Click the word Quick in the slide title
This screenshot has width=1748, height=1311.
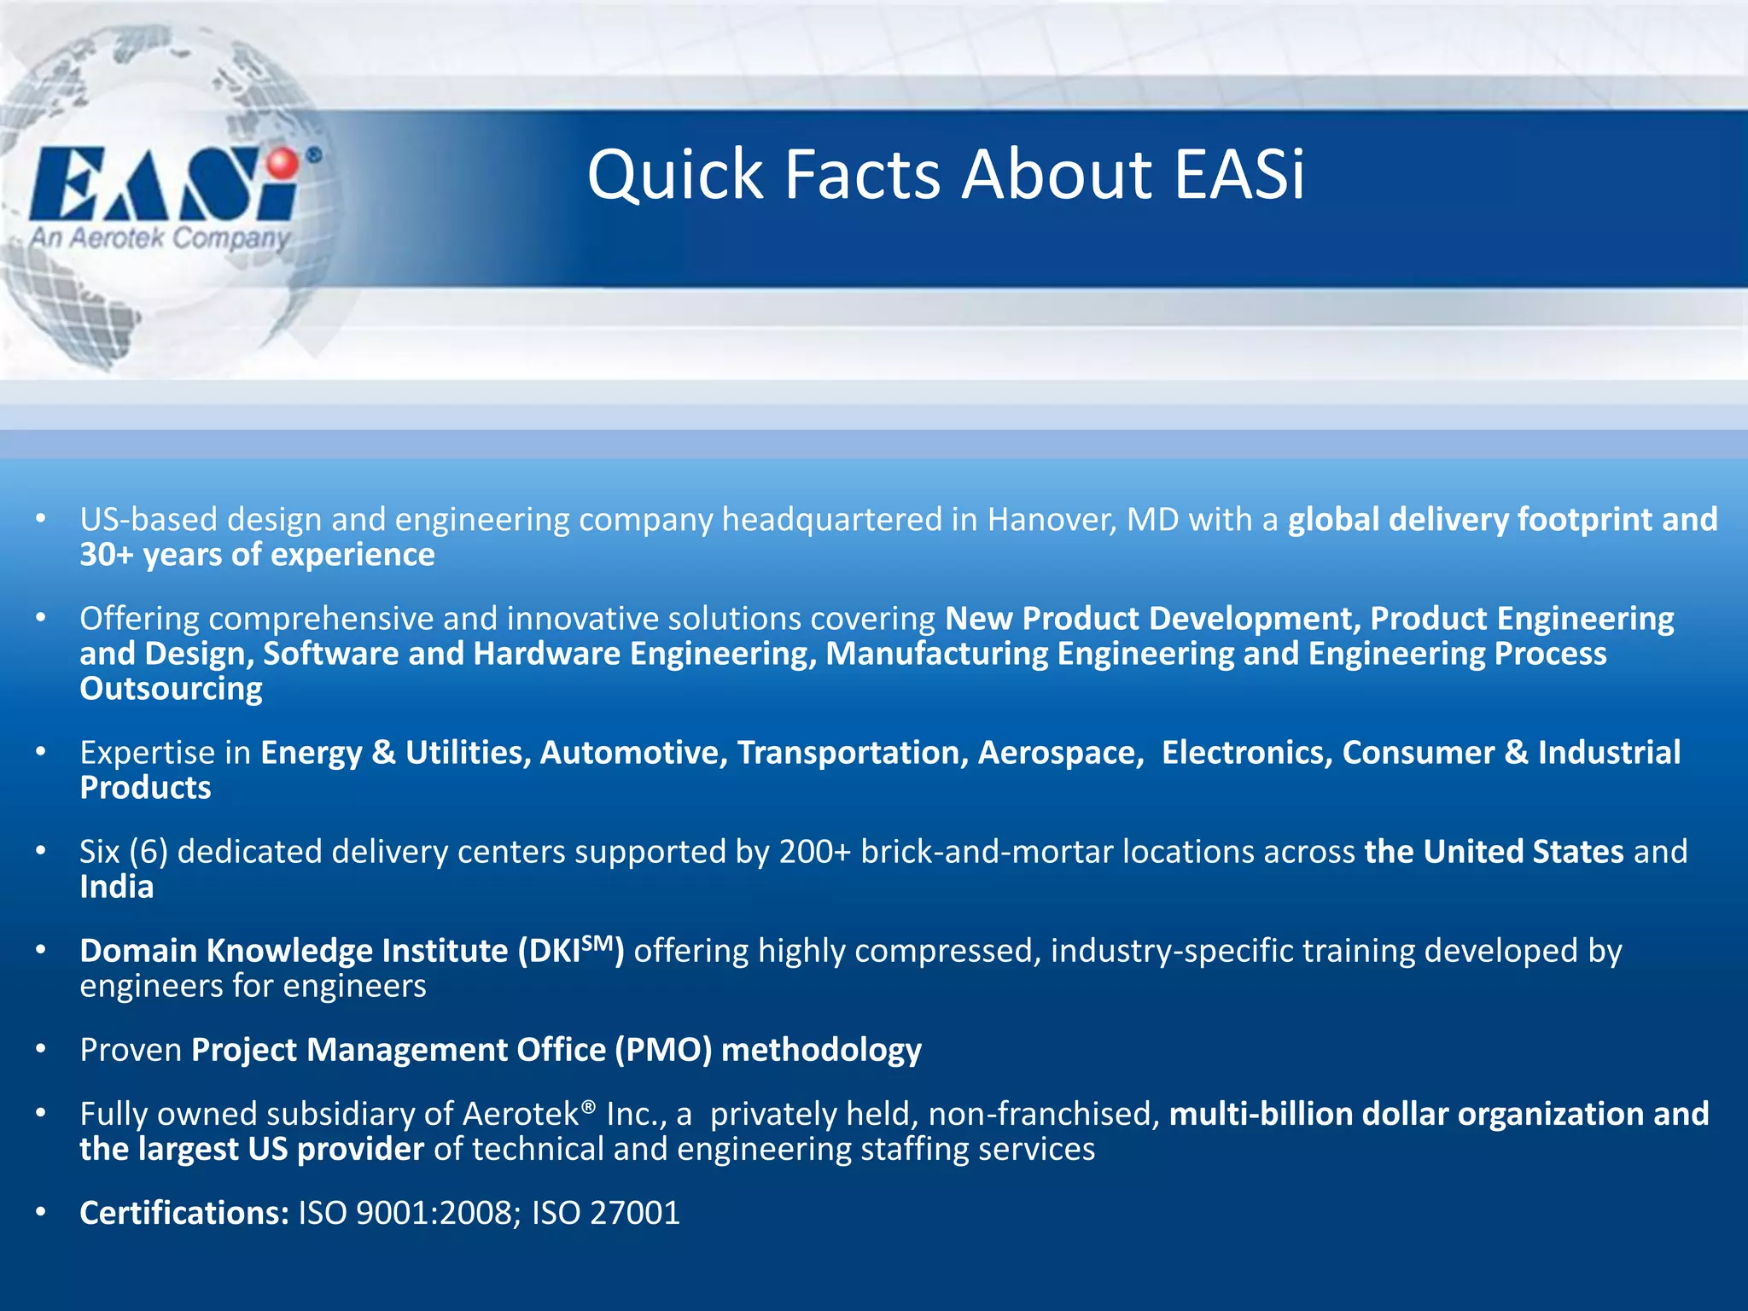673,176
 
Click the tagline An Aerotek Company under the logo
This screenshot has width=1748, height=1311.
160,237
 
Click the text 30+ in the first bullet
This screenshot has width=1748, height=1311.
107,556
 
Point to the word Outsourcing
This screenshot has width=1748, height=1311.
171,689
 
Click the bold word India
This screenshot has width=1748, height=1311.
117,888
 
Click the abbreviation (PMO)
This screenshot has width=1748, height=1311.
663,1050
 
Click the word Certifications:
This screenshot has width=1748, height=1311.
184,1214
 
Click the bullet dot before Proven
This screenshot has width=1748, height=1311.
41,1050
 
